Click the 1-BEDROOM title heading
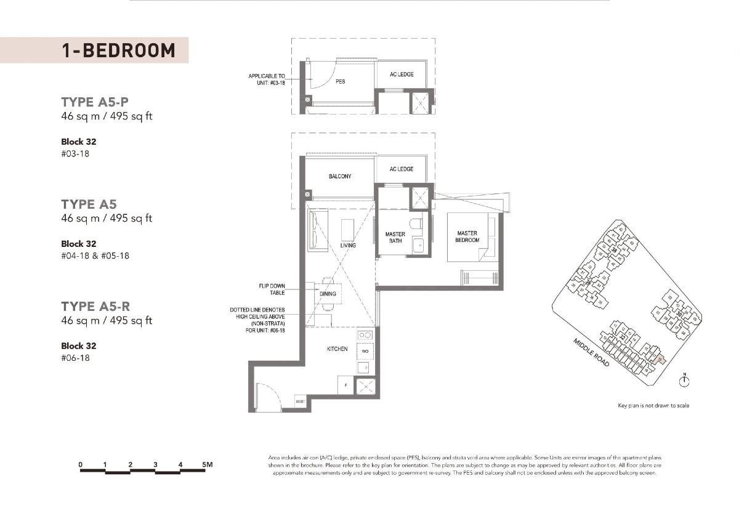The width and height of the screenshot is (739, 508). pos(118,50)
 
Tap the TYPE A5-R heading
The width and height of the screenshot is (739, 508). pos(95,307)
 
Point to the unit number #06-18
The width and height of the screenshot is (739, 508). pos(75,358)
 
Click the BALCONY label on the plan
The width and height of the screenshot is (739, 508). pos(340,177)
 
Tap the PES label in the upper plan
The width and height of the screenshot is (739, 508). pos(340,81)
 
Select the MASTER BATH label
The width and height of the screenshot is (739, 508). pos(395,238)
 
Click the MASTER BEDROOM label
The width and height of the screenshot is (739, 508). pos(467,236)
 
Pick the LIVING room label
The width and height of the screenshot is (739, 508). pos(348,246)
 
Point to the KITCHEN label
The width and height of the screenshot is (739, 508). pos(337,349)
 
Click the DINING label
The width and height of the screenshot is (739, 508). pos(328,294)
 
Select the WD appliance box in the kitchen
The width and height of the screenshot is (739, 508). pos(365,352)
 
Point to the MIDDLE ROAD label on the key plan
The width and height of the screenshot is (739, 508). pos(591,353)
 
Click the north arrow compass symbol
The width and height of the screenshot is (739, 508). pos(684,381)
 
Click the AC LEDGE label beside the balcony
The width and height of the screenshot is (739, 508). pos(402,169)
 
